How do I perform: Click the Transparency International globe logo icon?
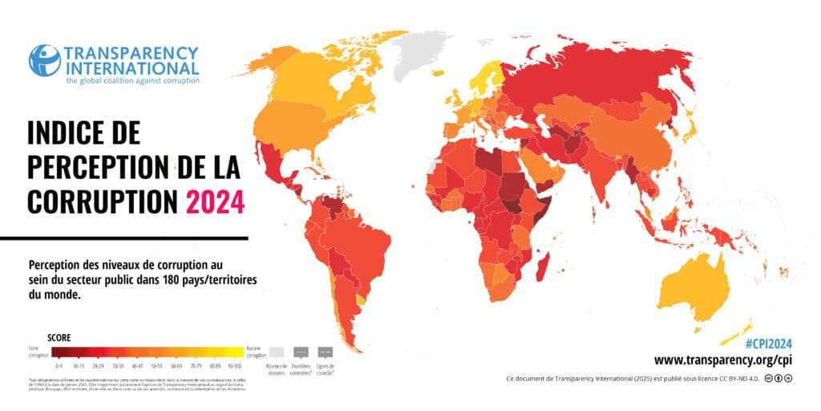coord(45,61)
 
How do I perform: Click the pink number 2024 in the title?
coord(215,200)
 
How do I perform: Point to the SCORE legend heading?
coord(59,338)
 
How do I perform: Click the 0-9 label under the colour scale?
coord(59,364)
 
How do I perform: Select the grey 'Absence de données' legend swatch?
coord(276,352)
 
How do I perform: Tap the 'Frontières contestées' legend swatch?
coord(301,352)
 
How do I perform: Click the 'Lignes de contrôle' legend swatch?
coord(326,352)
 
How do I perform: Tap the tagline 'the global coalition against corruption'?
coord(132,80)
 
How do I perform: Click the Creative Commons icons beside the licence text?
coord(778,378)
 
